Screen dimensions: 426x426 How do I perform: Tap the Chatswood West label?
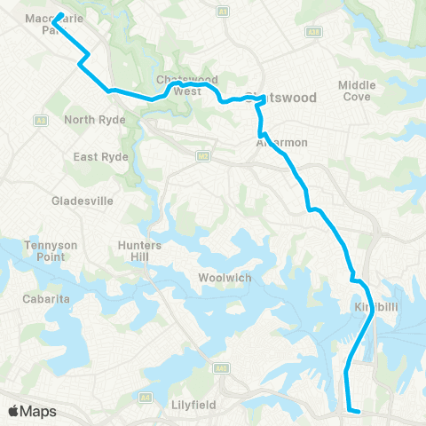click(186, 84)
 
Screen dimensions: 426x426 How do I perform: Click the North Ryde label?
click(91, 120)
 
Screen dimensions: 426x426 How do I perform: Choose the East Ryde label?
click(101, 157)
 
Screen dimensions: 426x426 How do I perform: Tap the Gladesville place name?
click(83, 201)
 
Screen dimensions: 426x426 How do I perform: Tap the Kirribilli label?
click(374, 307)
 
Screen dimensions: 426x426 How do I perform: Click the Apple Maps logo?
click(32, 411)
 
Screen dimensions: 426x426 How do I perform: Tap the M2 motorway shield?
click(204, 157)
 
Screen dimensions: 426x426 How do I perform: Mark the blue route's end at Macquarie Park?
click(59, 16)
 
